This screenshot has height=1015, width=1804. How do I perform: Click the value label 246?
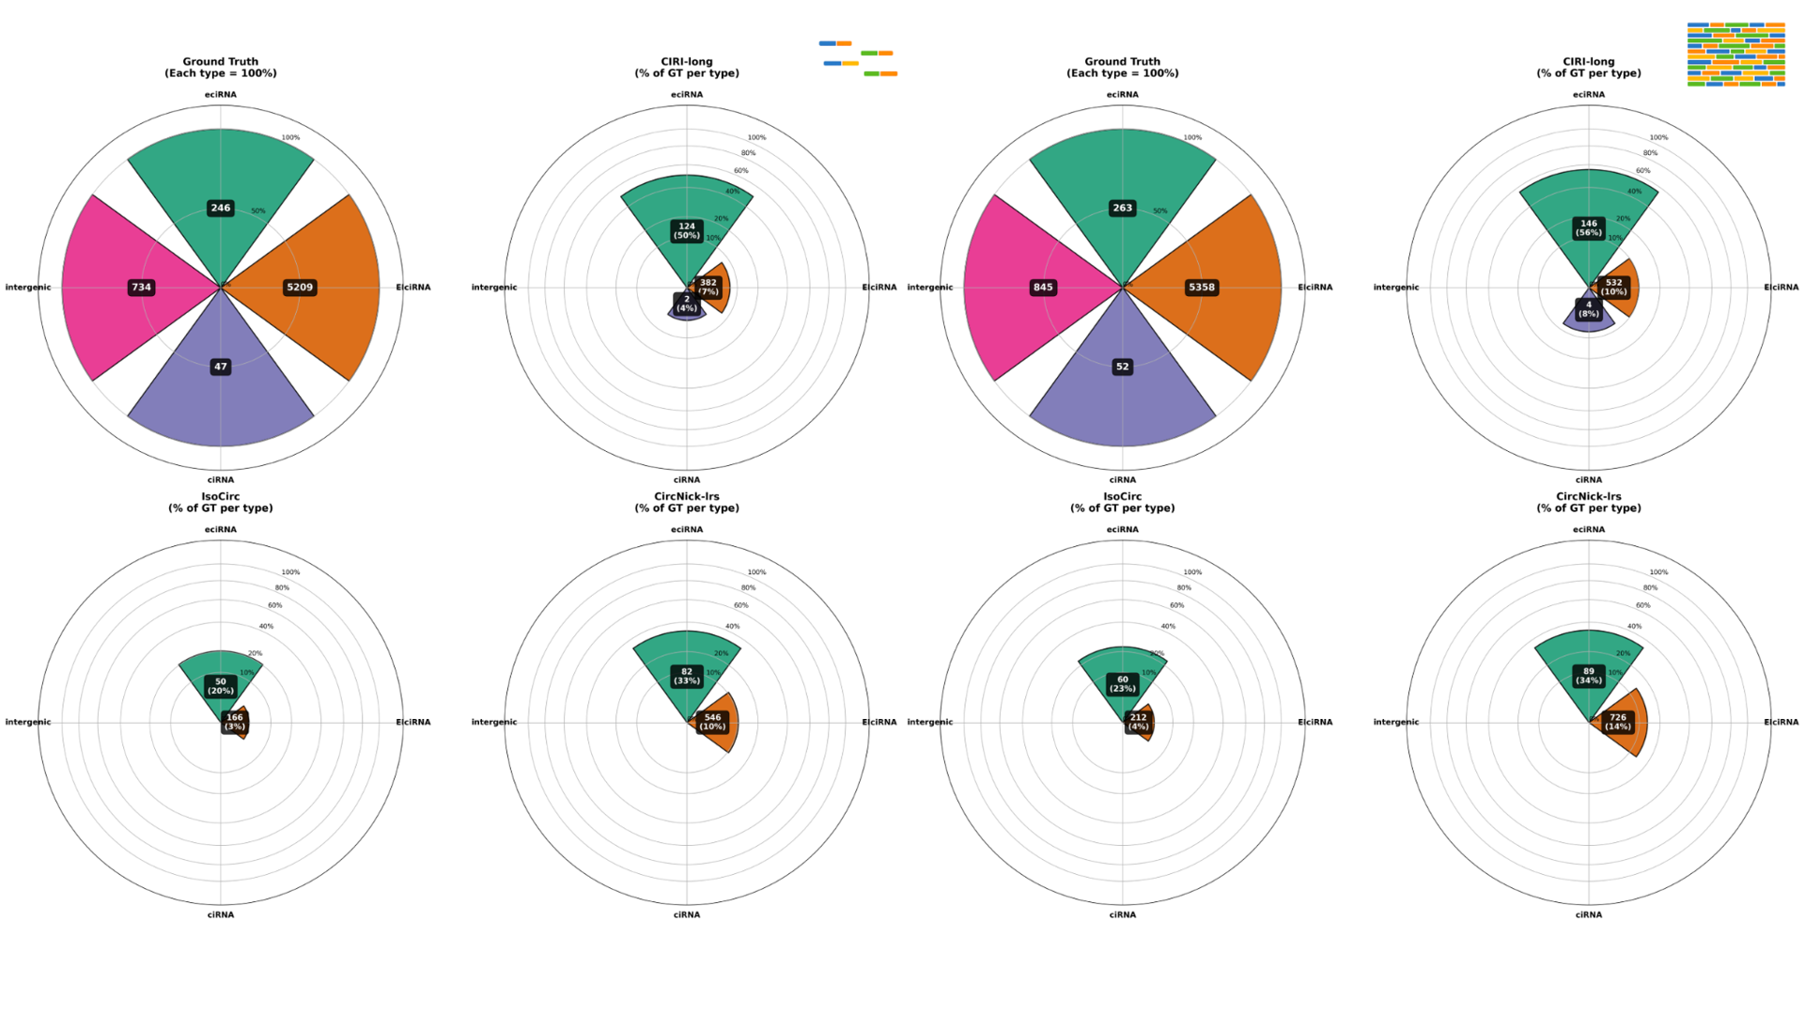coord(221,208)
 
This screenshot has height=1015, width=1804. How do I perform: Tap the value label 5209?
coord(300,288)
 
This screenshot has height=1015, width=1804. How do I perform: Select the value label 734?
coord(141,288)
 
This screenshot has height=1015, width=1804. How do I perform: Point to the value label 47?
coord(221,367)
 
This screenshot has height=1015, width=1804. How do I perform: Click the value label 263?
coord(1123,208)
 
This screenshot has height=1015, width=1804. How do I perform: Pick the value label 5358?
coord(1202,288)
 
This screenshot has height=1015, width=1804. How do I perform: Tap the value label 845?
coord(1043,288)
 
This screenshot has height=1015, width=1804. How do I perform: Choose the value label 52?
coord(1123,367)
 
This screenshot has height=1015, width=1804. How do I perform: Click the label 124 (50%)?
coord(687,230)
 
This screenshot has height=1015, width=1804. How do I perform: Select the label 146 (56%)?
coord(1589,227)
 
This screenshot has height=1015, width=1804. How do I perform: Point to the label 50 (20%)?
coord(221,686)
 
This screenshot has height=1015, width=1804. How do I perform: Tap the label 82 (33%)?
coord(687,676)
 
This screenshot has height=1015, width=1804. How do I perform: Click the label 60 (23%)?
coord(1123,683)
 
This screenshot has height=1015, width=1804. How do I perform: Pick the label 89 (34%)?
coord(1589,675)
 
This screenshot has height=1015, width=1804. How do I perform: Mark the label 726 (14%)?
coord(1618,722)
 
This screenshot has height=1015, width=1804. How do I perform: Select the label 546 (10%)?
coord(712,722)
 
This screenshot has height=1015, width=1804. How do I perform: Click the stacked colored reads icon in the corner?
coord(1735,55)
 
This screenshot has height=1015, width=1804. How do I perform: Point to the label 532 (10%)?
coord(1614,287)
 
